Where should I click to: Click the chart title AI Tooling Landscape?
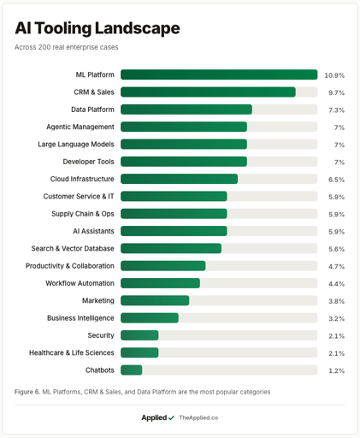pos(97,28)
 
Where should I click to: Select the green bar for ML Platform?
pos(219,74)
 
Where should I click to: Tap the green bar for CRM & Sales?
pos(208,92)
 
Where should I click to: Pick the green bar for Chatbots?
pos(132,370)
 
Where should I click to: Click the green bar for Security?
pos(139,335)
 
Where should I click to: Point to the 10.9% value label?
pos(334,75)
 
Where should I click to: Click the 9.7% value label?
pos(336,93)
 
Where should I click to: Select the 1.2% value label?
pos(336,370)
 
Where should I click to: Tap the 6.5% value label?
pos(336,180)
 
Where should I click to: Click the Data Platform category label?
pos(92,109)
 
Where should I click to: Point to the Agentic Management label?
pos(80,127)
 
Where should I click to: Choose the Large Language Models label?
pos(76,145)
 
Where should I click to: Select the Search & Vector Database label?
pos(73,248)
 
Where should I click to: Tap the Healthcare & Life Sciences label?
pos(72,352)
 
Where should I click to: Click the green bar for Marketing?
pos(155,300)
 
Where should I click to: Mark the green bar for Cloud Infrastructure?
pos(179,179)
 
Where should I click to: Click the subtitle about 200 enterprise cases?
pos(67,47)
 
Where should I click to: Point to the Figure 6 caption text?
pos(143,392)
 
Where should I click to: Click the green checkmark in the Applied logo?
pos(171,418)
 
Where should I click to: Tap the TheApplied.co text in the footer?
pos(198,417)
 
